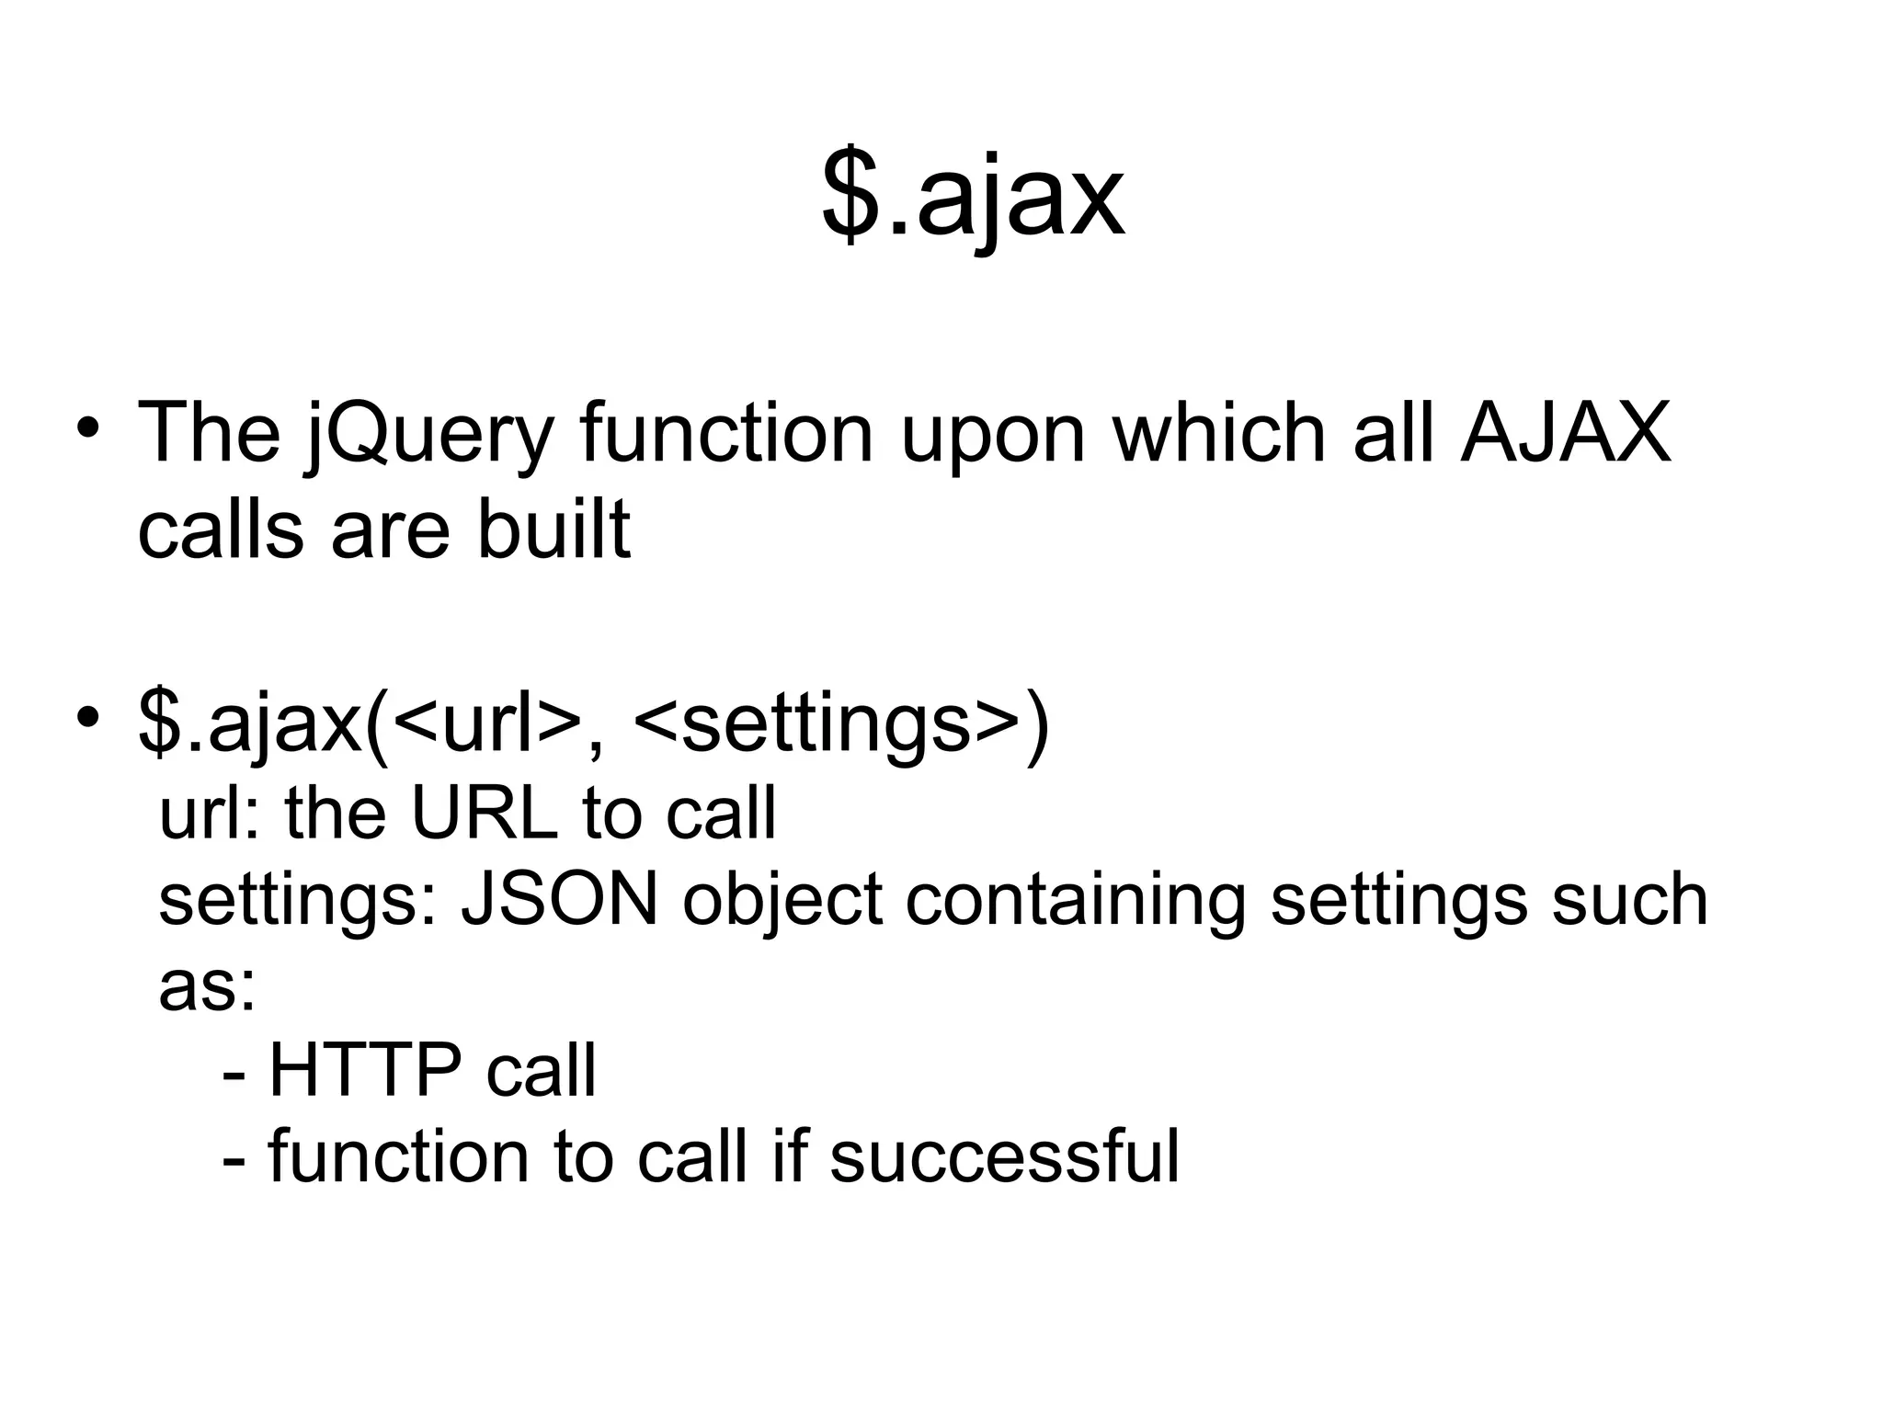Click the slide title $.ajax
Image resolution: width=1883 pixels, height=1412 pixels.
pyautogui.click(x=973, y=197)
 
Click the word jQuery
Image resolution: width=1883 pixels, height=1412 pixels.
pyautogui.click(x=429, y=434)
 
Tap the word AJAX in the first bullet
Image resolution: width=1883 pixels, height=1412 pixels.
pyautogui.click(x=1565, y=432)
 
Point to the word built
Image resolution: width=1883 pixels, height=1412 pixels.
pyautogui.click(x=553, y=529)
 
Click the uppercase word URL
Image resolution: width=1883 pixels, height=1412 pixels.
pyautogui.click(x=484, y=814)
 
